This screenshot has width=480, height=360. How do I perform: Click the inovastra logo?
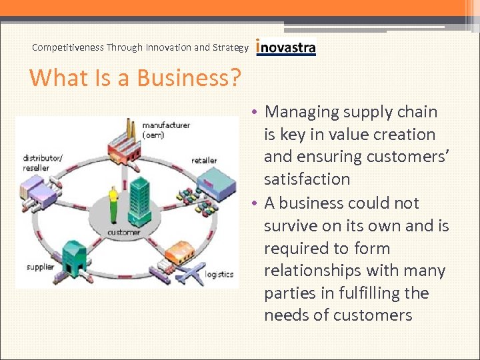[286, 47]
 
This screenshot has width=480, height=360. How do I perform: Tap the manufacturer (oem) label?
[165, 129]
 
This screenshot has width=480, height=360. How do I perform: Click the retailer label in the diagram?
[204, 160]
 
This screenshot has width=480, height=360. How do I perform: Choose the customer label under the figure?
[123, 232]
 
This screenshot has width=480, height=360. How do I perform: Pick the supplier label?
[40, 267]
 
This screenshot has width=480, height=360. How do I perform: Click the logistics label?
[219, 274]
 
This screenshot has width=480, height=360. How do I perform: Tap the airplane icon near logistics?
[192, 272]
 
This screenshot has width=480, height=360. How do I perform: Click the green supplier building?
[73, 256]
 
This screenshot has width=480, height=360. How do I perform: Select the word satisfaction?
[307, 179]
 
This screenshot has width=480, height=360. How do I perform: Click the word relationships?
[313, 271]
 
